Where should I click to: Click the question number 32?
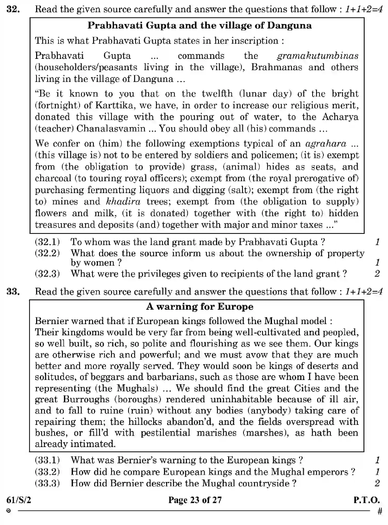[x=13, y=10]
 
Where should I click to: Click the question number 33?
[x=13, y=292]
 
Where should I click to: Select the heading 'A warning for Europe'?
[x=200, y=307]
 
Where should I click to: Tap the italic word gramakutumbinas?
[x=317, y=56]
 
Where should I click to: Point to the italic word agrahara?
[x=326, y=144]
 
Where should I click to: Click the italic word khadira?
[x=123, y=202]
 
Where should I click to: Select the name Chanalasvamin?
[x=111, y=129]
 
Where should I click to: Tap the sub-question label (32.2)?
[x=47, y=253]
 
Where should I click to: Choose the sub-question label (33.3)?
[x=47, y=483]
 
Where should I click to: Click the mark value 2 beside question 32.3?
[x=377, y=274]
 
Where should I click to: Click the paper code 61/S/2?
[x=19, y=500]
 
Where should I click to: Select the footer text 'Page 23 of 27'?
[x=195, y=500]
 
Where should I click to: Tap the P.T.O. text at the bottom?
[x=366, y=500]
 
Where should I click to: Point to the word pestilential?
[x=165, y=433]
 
